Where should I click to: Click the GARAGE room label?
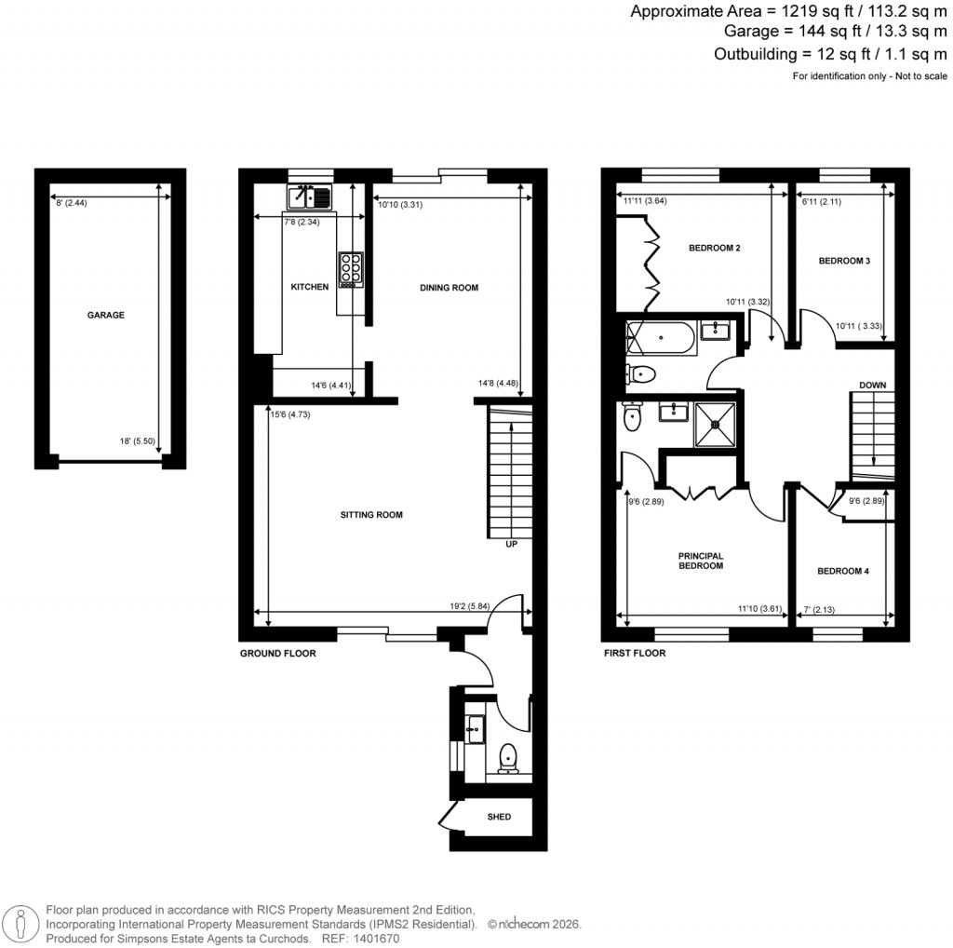coord(105,316)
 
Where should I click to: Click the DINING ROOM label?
coord(449,288)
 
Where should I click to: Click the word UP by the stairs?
coord(511,544)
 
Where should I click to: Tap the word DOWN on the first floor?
coord(872,385)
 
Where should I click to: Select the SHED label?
coord(500,818)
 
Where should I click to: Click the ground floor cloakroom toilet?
coord(508,759)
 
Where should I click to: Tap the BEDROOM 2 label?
coord(714,249)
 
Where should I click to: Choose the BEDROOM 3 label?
coord(844,262)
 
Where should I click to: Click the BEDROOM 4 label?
coord(842,572)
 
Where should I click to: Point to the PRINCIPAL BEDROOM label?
coord(700,561)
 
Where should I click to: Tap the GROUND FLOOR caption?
coord(277,654)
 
